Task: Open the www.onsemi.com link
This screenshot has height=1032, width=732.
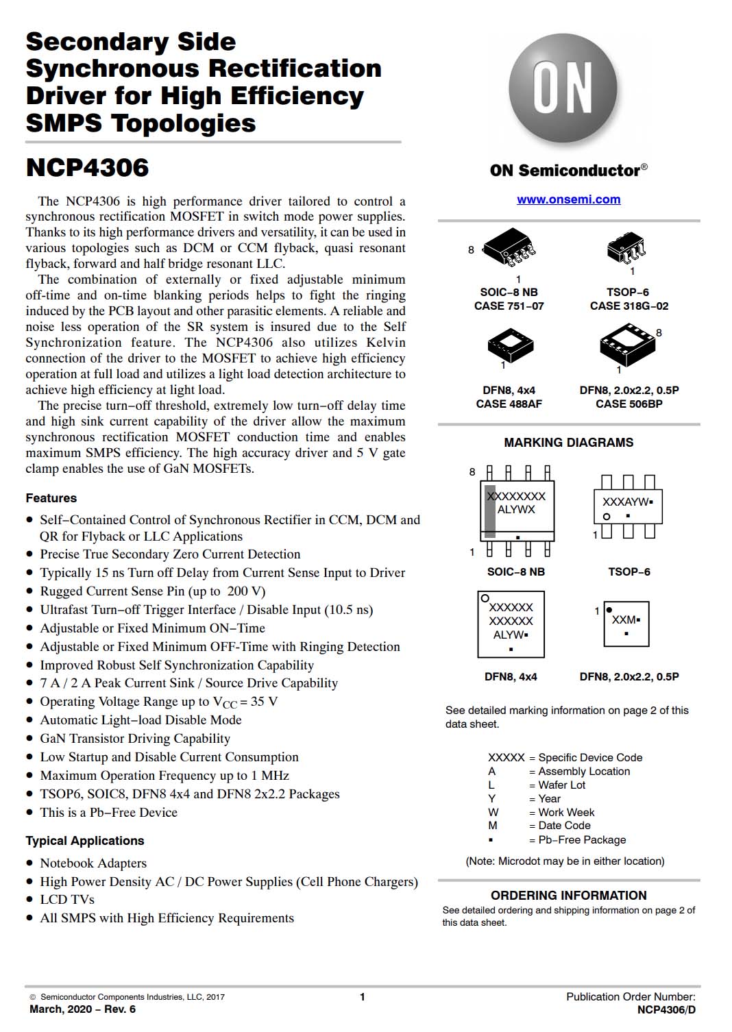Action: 568,199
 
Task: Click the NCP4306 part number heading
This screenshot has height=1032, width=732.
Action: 87,168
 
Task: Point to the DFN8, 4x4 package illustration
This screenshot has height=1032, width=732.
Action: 510,345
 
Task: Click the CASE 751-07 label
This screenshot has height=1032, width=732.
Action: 509,306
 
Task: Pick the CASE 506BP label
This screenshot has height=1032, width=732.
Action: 629,404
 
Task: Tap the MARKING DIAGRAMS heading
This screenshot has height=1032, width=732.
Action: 568,443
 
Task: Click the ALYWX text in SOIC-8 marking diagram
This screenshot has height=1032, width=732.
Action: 516,510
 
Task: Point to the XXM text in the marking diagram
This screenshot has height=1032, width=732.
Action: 624,619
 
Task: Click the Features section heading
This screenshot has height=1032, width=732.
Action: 51,498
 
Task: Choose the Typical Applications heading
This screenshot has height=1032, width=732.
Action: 85,841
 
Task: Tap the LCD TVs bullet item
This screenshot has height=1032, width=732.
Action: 67,900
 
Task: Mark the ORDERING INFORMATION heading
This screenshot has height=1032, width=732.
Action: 568,896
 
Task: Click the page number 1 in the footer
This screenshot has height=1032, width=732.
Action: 363,997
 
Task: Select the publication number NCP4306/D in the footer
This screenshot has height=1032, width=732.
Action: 666,1009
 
